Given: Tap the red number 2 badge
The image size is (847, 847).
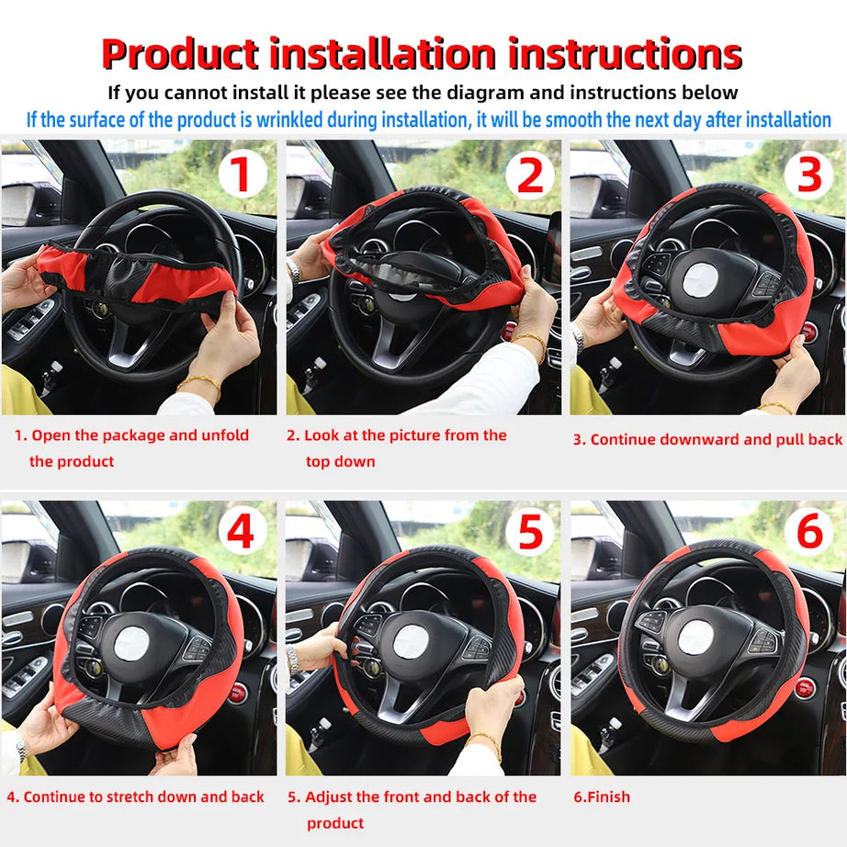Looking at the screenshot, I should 530,174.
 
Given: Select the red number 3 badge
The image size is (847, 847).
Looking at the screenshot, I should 808,174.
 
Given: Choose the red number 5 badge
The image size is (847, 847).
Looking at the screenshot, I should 530,532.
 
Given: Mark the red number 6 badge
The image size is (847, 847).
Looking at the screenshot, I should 808,532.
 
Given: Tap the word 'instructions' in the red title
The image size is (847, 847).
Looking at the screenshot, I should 625,54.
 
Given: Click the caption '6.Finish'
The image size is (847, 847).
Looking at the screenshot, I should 602,796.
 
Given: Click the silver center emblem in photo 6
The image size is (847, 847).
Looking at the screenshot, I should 695,637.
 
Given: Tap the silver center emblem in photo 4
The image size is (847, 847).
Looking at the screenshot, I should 133,643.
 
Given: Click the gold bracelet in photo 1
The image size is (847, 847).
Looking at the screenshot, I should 199,379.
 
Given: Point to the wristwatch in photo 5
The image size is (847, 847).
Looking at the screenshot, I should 292,658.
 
